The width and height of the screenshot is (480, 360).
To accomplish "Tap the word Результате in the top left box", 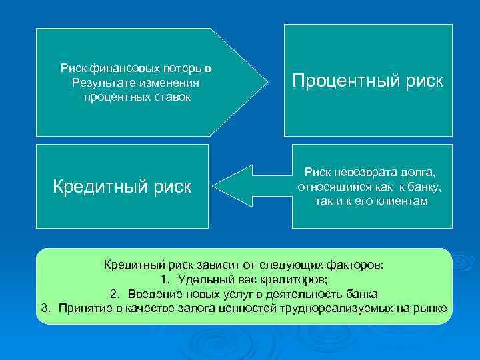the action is pyautogui.click(x=102, y=83).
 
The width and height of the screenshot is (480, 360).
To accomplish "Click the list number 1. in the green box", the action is pyautogui.click(x=167, y=279).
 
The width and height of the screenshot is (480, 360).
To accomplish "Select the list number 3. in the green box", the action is pyautogui.click(x=46, y=308).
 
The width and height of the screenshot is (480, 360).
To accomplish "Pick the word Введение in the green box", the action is pyautogui.click(x=153, y=294).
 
